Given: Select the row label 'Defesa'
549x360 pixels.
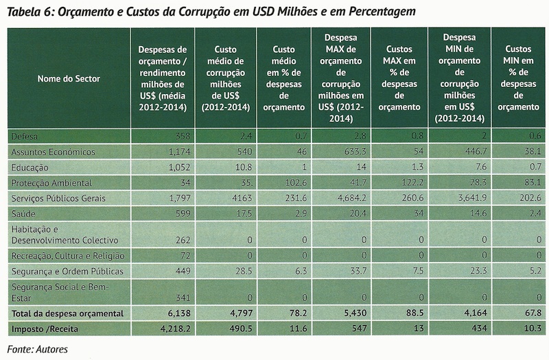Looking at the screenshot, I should (x=24, y=136).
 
